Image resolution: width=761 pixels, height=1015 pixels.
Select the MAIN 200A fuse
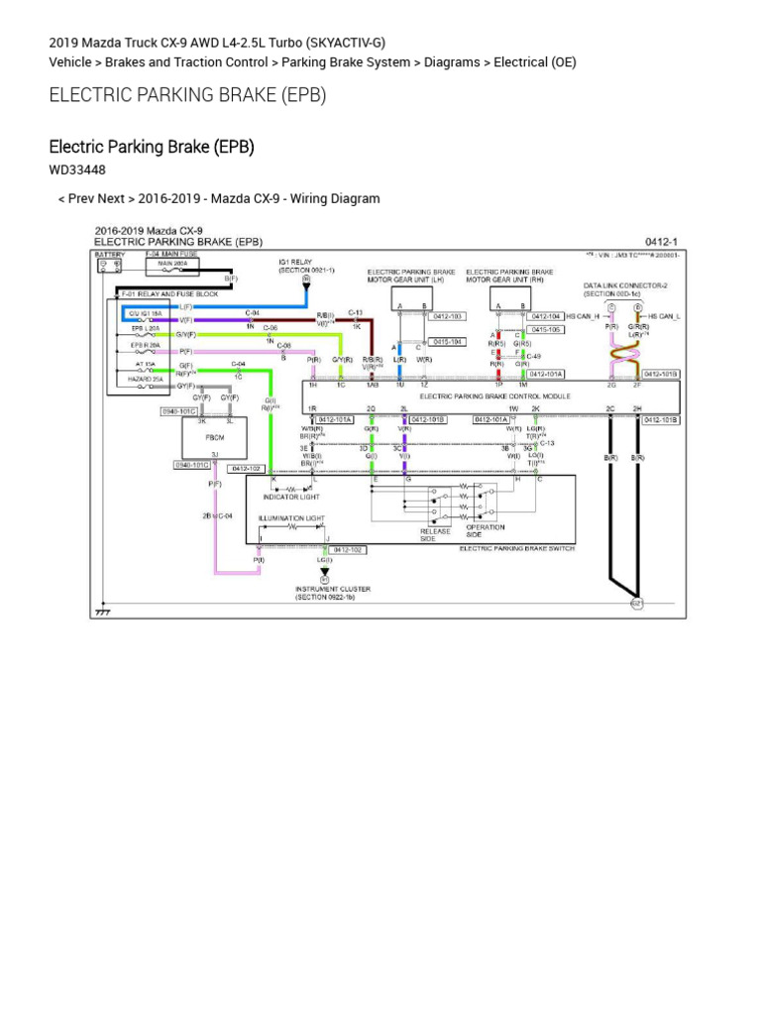coord(172,265)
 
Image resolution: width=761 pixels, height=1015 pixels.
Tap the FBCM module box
coord(214,437)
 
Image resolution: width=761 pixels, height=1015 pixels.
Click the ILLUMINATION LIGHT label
coord(291,517)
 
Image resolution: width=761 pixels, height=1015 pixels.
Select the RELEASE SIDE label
coord(435,535)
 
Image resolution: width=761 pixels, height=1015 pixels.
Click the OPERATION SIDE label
coord(492,531)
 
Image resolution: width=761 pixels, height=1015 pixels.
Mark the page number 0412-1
coord(660,241)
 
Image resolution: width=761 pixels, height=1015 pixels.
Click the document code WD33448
coord(77,169)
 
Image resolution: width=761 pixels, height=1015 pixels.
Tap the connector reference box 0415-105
coord(545,329)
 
